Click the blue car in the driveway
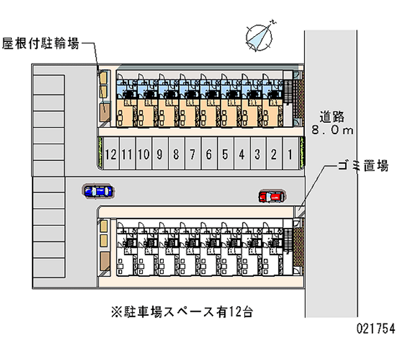[99, 191]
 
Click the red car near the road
[271, 197]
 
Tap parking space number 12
[111, 154]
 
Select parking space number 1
[290, 154]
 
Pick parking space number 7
[192, 154]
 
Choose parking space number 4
[242, 154]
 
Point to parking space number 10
[144, 154]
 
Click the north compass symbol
[260, 36]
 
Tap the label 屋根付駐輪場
[41, 44]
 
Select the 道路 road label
[331, 117]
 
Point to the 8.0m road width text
[331, 130]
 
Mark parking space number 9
[159, 154]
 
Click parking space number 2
[274, 154]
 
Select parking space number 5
[225, 154]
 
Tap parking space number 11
[127, 154]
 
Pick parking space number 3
[257, 154]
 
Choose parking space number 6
[208, 154]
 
